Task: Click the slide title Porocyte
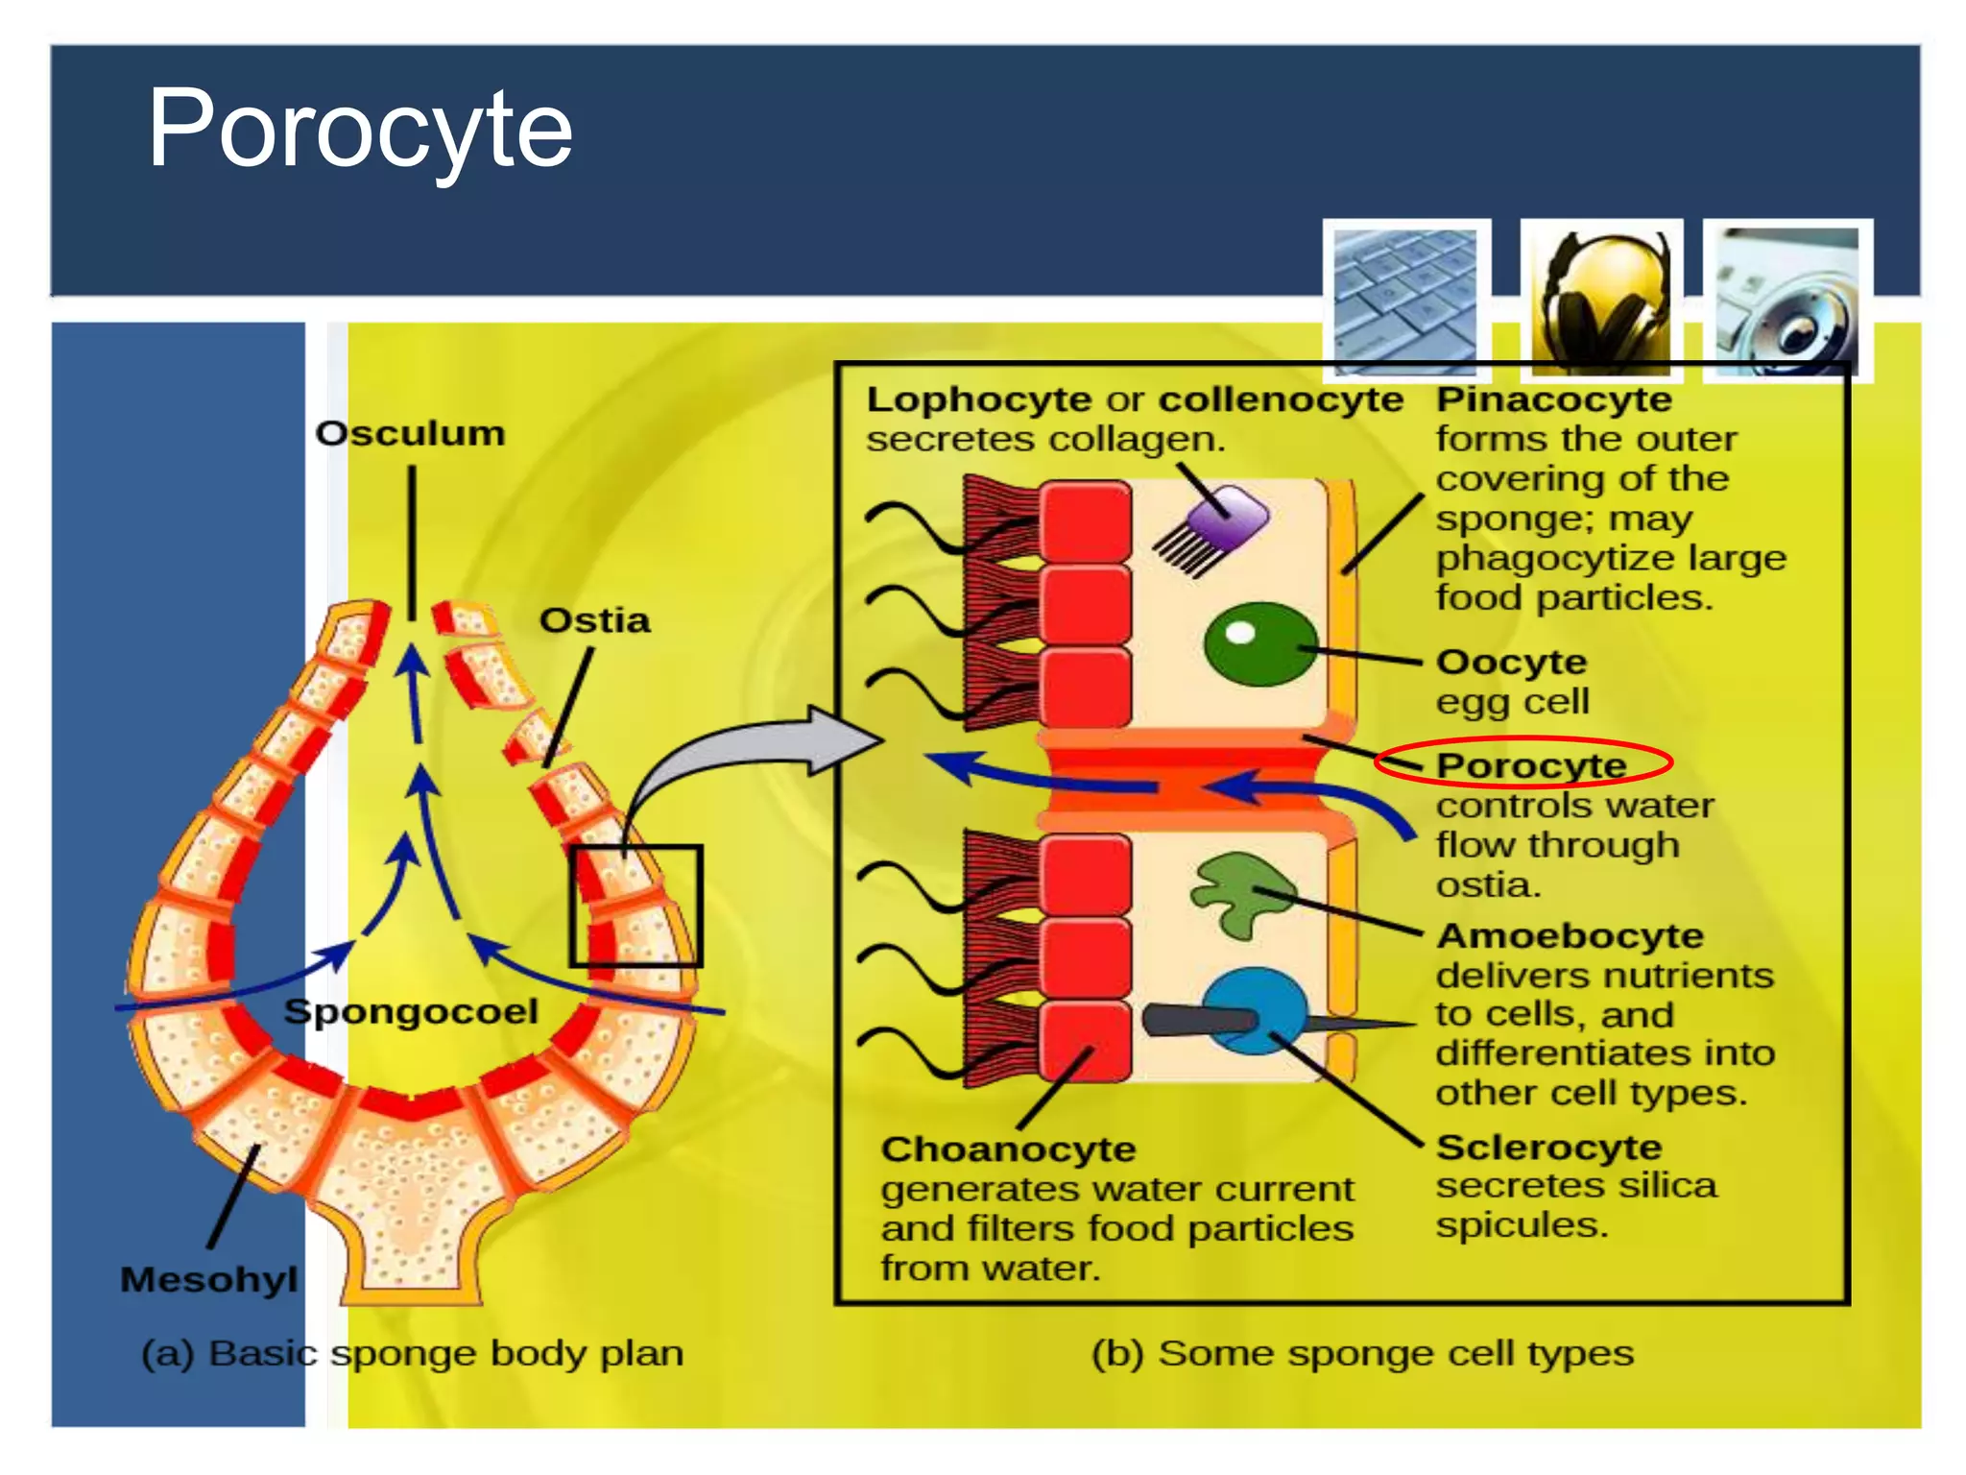[360, 130]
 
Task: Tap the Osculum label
[410, 433]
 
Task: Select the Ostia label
[594, 620]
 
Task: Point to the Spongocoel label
[411, 1011]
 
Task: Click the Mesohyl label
[208, 1279]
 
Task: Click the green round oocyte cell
[1259, 643]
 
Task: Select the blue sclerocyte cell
[1254, 1010]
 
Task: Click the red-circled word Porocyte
[1530, 764]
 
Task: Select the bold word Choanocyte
[1008, 1149]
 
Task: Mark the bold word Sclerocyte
[1547, 1147]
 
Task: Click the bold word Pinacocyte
[1553, 399]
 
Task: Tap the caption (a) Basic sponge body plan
[412, 1353]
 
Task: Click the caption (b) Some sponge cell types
[1361, 1353]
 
